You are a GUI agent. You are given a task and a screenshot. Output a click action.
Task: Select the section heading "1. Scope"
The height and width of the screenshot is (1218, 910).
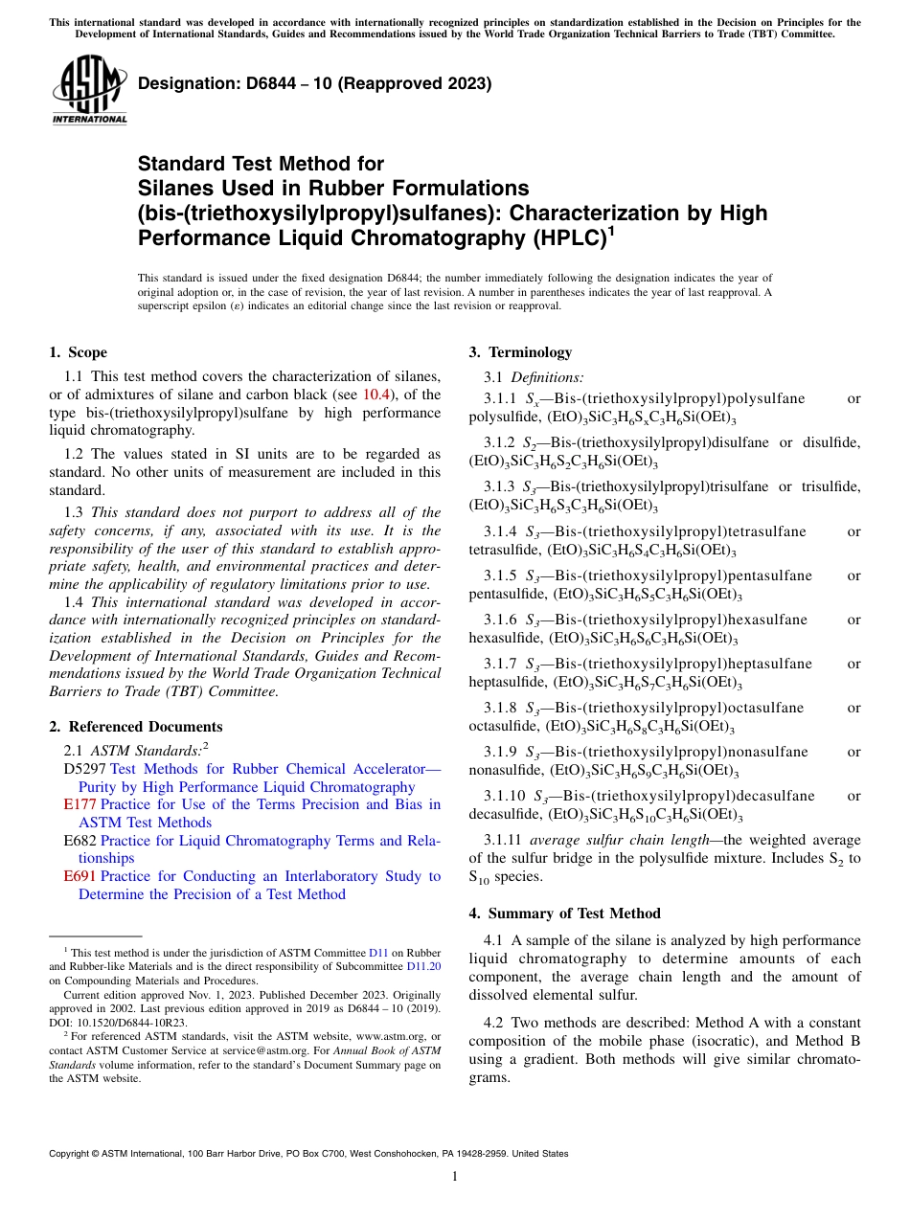click(x=78, y=352)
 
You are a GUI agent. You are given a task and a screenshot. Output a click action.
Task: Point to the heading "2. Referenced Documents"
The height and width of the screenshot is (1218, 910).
click(x=136, y=727)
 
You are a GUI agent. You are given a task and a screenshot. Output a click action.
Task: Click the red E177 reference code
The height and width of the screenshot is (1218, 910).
click(x=80, y=804)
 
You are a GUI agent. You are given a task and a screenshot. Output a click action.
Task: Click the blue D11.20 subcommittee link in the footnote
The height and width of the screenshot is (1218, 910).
click(x=423, y=966)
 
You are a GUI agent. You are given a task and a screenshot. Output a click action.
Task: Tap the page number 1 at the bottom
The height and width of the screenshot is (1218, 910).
click(x=455, y=1176)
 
